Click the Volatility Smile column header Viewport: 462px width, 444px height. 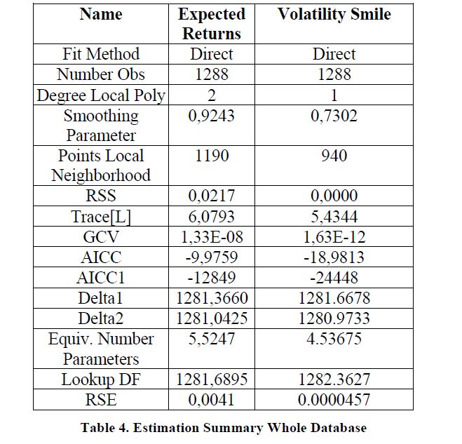tap(334, 14)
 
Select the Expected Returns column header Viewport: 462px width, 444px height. tap(212, 24)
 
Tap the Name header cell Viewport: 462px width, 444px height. tap(101, 14)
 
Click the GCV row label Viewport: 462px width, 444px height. tap(101, 237)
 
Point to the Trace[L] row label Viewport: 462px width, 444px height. tap(101, 217)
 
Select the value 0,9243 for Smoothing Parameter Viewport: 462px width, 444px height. tap(211, 116)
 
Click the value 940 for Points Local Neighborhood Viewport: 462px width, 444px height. tap(334, 156)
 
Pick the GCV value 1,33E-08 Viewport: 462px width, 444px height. tap(212, 237)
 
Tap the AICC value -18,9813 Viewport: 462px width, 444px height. tap(334, 257)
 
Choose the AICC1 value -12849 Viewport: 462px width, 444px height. tap(212, 278)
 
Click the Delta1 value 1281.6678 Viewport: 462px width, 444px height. tap(334, 298)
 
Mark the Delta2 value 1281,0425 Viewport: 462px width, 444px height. tap(212, 318)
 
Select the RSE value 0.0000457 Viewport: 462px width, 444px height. tap(334, 400)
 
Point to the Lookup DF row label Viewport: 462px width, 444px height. tap(101, 379)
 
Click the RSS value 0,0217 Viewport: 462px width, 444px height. tap(211, 196)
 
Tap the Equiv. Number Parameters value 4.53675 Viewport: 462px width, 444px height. tap(334, 339)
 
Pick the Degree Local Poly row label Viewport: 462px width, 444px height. tap(101, 95)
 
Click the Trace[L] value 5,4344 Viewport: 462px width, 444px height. tap(334, 217)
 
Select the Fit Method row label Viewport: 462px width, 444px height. tap(101, 54)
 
